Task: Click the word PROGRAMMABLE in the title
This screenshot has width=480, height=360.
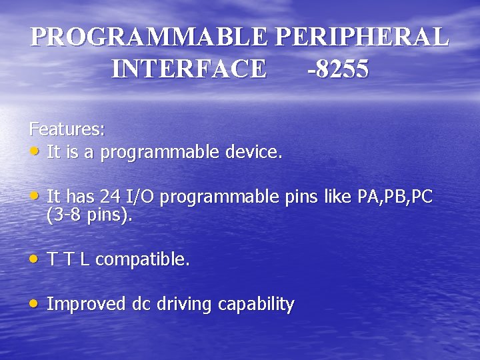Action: pos(151,37)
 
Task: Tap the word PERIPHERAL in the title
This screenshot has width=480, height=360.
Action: pos(362,37)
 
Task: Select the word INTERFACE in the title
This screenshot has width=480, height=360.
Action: pos(189,69)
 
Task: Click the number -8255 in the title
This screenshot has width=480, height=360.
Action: pos(338,69)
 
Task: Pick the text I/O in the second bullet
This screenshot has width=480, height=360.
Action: pos(141,197)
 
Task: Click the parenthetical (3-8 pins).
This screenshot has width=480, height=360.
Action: pos(90,215)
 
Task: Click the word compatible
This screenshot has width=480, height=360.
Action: pos(143,260)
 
